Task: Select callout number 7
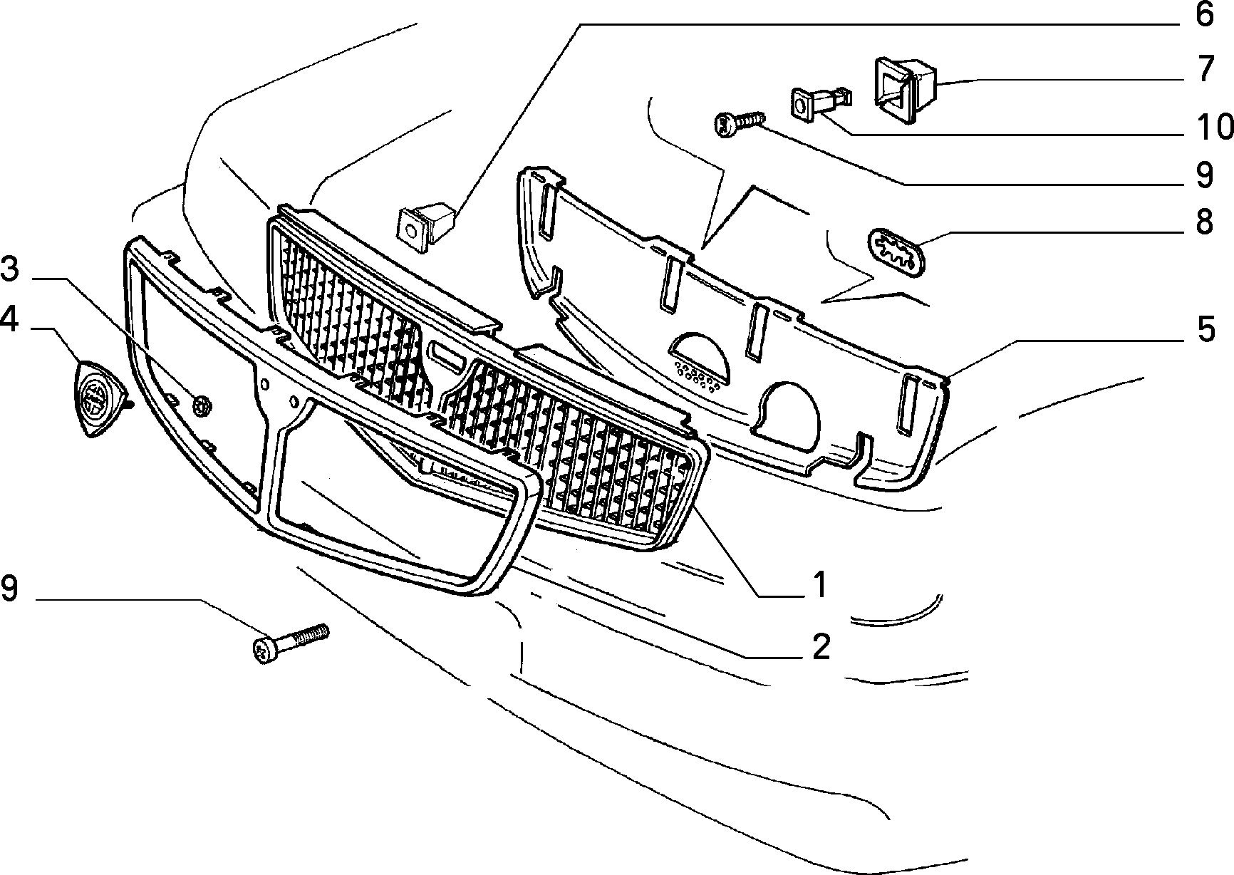pos(1204,70)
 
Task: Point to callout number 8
pos(1204,222)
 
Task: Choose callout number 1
pos(820,584)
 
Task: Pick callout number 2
pos(821,646)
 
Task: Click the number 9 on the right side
pos(1204,175)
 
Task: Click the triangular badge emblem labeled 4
pos(99,398)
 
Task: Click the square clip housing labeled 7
pos(904,90)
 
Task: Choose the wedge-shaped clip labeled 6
pos(425,223)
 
